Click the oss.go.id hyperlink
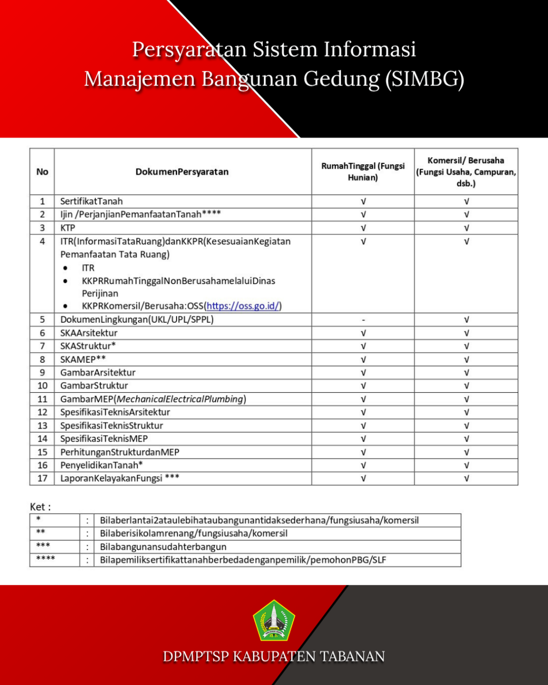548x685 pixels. pyautogui.click(x=242, y=306)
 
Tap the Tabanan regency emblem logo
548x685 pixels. pyautogui.click(x=273, y=620)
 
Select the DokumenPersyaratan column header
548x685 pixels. pyautogui.click(x=182, y=172)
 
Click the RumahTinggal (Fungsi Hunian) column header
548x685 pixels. pyautogui.click(x=363, y=172)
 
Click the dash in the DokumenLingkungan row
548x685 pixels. pyautogui.click(x=363, y=319)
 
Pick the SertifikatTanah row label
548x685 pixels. pyautogui.click(x=92, y=201)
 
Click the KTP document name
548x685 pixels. pyautogui.click(x=68, y=228)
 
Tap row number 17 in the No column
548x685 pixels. pyautogui.click(x=42, y=478)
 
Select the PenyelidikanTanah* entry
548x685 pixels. pyautogui.click(x=102, y=465)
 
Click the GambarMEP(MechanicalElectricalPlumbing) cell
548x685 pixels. pyautogui.click(x=153, y=399)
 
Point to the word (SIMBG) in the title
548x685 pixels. pyautogui.click(x=424, y=79)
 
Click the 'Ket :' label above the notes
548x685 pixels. pyautogui.click(x=40, y=507)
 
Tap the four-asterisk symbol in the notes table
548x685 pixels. pyautogui.click(x=45, y=559)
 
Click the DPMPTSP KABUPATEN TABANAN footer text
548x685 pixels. pyautogui.click(x=273, y=657)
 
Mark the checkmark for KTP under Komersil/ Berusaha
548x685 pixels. pyautogui.click(x=466, y=228)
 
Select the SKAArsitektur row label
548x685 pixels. pyautogui.click(x=89, y=333)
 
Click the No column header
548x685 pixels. pyautogui.click(x=42, y=172)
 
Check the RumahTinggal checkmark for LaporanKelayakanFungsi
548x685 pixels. pyautogui.click(x=363, y=478)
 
